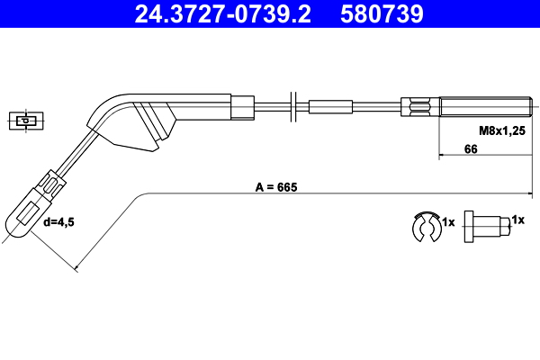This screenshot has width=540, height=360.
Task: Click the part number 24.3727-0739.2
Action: coord(222,13)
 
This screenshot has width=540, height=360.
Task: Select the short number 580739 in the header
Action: coord(382,13)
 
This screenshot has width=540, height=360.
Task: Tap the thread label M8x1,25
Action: coord(502,130)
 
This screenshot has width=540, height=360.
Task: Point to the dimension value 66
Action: coord(471,149)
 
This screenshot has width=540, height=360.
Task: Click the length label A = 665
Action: coord(276,187)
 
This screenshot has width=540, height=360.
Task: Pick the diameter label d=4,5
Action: coord(58,222)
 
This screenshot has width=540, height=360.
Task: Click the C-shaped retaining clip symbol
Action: coord(427,227)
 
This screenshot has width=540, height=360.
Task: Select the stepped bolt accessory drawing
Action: coord(487,227)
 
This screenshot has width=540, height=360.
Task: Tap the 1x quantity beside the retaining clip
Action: coord(448,222)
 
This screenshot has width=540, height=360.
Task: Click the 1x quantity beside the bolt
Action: coord(518,220)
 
